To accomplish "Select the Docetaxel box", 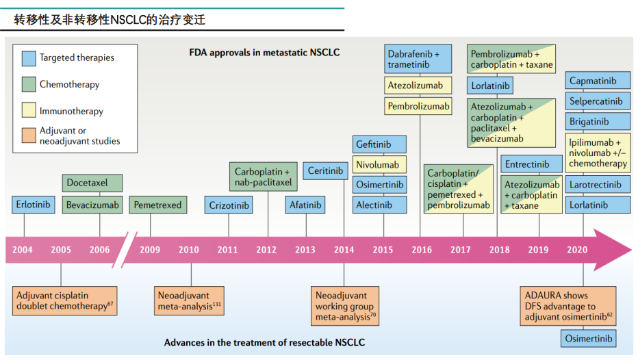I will click(92, 183).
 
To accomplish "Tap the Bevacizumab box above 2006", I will click(92, 205).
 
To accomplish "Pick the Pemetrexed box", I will click(157, 205).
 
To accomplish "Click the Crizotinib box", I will click(229, 205).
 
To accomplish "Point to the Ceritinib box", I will click(325, 171).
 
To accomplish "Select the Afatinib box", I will click(305, 205).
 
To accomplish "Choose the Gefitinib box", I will click(380, 144).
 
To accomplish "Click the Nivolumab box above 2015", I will click(380, 165).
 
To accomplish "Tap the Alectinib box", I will click(380, 205).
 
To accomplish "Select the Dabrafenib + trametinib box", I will click(419, 60).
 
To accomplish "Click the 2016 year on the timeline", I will click(422, 250).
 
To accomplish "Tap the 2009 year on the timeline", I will click(150, 250).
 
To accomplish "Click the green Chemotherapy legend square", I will click(28, 85).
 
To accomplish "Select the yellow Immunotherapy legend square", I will click(28, 111).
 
